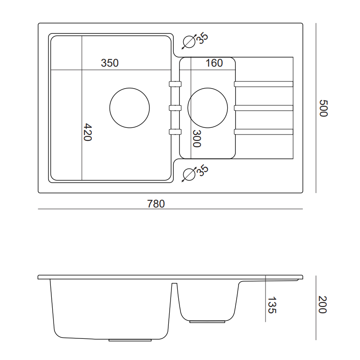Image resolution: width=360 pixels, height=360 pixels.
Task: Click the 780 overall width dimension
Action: (x=156, y=204)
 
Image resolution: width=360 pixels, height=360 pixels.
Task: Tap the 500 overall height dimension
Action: (x=324, y=108)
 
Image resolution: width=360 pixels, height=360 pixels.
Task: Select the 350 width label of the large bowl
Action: (x=110, y=63)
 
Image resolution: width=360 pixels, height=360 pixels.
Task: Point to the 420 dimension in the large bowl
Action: (x=87, y=132)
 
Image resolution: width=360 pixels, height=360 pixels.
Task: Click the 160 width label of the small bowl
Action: (x=214, y=63)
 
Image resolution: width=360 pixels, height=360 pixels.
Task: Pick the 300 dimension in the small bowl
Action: (x=197, y=139)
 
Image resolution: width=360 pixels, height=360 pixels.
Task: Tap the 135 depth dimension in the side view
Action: (x=272, y=305)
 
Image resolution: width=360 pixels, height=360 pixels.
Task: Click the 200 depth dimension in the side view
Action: (x=322, y=305)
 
